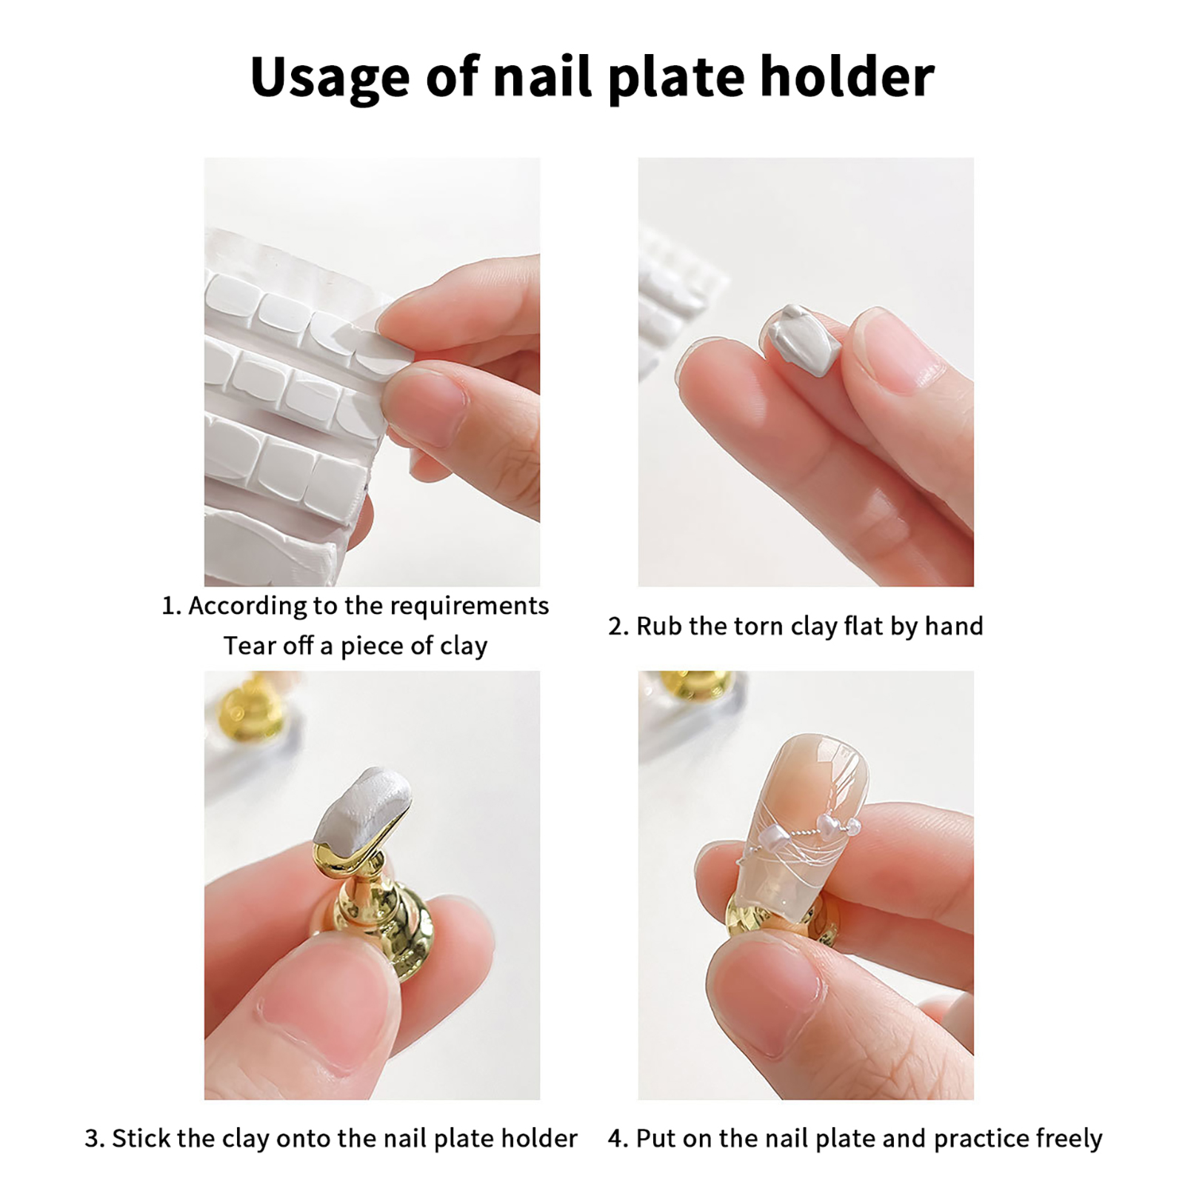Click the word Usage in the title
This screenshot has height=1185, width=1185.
330,77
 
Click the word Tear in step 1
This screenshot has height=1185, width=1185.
250,646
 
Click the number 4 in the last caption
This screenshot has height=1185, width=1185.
617,1138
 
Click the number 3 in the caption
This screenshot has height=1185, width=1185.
93,1138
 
